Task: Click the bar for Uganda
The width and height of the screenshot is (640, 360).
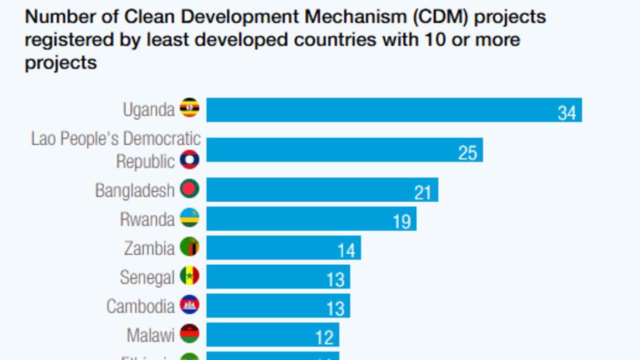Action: coord(394,110)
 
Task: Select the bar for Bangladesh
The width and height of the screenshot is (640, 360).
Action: coord(322,189)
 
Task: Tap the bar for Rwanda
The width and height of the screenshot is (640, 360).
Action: coord(311,218)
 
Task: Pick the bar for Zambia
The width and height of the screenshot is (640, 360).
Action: coord(283,247)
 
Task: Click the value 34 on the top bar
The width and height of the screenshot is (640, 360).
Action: coord(567,113)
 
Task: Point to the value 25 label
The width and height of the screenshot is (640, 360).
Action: coord(467,153)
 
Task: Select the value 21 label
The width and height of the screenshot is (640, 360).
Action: coord(423,193)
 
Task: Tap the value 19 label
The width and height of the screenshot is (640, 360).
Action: coord(402,222)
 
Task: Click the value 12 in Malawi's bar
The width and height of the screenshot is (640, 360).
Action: coord(324,337)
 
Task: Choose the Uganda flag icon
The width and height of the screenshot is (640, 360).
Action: coord(189,108)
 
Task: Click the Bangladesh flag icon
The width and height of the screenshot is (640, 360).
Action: coord(189,189)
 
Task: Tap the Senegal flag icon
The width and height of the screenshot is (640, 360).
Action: coord(189,276)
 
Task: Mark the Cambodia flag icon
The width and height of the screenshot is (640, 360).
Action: coord(189,305)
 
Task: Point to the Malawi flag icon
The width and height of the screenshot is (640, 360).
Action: coord(189,334)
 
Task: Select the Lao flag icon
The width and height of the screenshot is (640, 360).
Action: coord(189,159)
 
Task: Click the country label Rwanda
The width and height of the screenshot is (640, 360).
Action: coord(147,219)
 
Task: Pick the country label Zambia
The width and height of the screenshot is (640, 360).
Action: coord(149,248)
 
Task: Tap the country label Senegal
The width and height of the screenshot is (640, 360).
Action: coord(147,277)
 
